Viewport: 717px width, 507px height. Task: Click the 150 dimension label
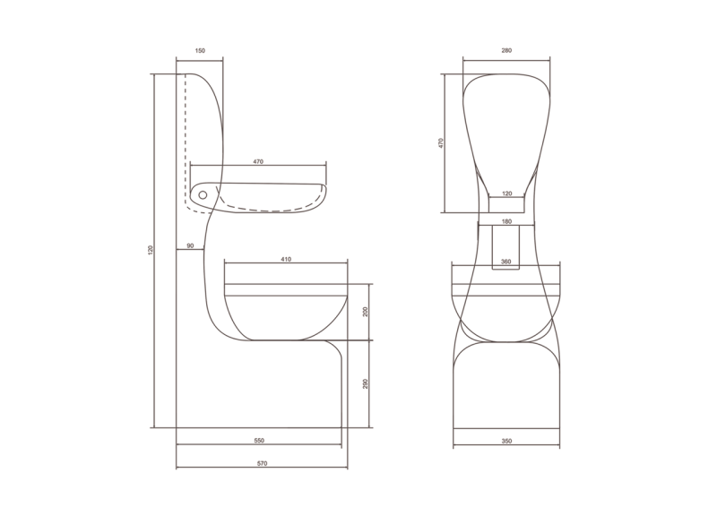(x=200, y=51)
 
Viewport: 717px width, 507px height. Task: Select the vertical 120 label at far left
(x=151, y=250)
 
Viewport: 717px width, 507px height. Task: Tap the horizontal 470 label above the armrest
(x=258, y=161)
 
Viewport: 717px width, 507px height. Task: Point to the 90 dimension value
(x=191, y=245)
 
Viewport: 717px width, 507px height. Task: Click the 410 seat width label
(x=285, y=259)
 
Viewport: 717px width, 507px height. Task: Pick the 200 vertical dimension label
(x=366, y=312)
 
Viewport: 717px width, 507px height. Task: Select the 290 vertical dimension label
(x=366, y=383)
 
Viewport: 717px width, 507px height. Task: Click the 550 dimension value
(x=259, y=441)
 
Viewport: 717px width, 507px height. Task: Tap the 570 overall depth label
(x=262, y=463)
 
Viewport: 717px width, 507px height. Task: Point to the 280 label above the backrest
(x=506, y=50)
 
